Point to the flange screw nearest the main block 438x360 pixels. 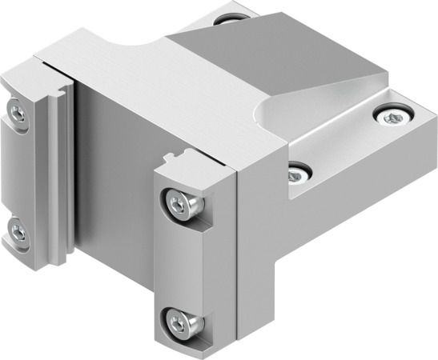298,170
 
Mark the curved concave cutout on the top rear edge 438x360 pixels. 136,40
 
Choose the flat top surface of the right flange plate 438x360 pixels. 352,152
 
